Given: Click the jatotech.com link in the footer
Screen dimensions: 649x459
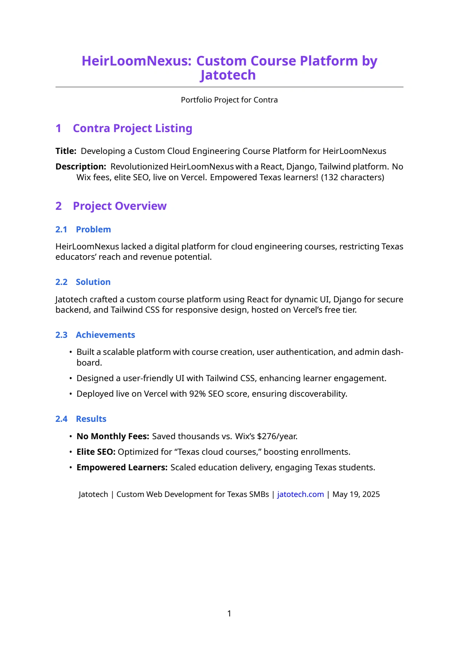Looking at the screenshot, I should pos(300,494).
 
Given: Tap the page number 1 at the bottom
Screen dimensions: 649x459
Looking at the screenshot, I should pos(229,613).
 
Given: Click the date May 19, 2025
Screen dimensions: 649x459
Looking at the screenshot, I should pos(356,494).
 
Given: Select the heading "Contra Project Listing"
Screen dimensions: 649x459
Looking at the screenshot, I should pos(133,128).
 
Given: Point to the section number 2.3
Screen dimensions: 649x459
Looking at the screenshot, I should pos(61,335).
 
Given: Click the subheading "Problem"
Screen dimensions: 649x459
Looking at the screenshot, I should pos(93,229).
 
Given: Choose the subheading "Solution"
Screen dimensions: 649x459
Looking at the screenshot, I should pos(93,282).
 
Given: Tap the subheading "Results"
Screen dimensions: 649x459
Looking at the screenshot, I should pos(91,419).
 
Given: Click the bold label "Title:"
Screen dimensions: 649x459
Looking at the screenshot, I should pos(66,151).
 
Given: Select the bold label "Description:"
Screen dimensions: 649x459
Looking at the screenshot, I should pos(81,167).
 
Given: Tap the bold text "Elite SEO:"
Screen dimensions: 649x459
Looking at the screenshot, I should pos(96,452).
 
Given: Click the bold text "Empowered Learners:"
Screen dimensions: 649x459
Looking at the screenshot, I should pos(122,467).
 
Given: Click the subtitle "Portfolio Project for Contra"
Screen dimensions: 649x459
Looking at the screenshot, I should pos(229,100).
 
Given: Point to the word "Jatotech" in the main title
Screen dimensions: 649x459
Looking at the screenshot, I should pos(228,75).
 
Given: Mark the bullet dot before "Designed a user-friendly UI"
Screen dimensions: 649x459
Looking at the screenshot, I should pos(71,378).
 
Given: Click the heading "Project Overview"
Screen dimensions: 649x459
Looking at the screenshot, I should pos(120,206).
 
